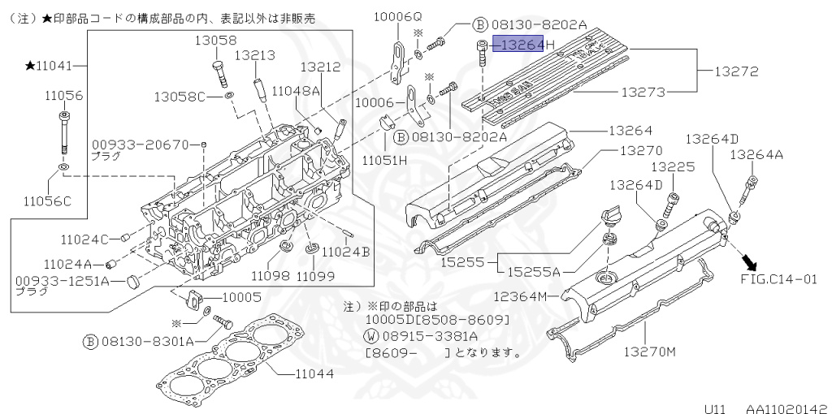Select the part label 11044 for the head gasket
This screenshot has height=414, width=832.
tap(313, 374)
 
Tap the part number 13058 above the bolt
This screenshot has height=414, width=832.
tap(215, 40)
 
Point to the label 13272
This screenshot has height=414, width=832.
tap(735, 71)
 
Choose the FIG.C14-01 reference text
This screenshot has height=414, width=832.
tap(778, 279)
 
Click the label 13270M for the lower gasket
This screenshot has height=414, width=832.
tap(650, 351)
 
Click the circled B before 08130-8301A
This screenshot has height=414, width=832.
tap(90, 342)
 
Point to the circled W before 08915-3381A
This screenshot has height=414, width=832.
tap(370, 336)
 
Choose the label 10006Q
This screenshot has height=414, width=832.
tap(398, 16)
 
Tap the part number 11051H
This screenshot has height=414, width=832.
tap(384, 159)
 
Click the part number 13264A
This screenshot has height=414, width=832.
tap(756, 154)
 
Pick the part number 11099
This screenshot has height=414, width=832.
tap(315, 275)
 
